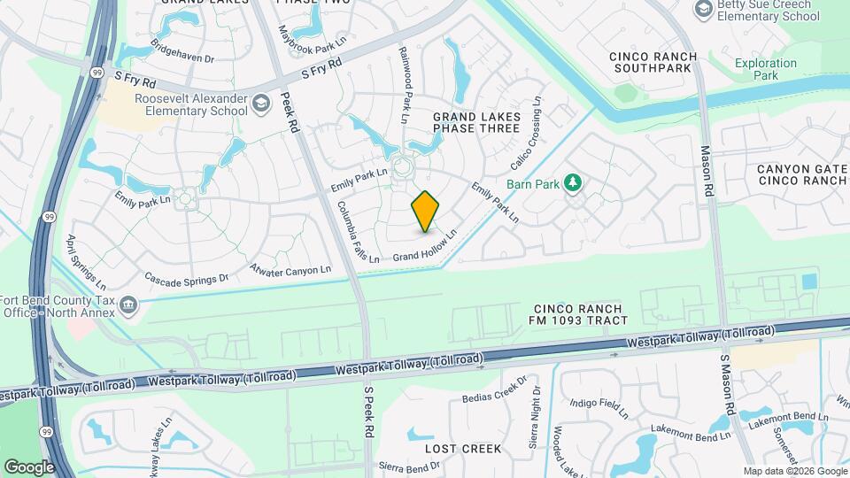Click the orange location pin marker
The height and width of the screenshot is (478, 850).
coord(425,211)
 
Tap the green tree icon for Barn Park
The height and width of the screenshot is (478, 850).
coord(574,182)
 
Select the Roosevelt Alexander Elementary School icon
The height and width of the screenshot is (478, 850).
coord(261,105)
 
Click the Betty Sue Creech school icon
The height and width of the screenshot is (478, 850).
coord(704,9)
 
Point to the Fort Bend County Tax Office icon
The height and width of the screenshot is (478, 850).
coord(129,305)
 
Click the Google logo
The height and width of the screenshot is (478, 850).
coord(29,466)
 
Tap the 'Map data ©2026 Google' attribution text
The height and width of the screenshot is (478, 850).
coord(794,471)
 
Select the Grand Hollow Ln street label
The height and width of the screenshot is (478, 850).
coord(424,245)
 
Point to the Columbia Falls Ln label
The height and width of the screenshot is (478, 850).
coord(358,232)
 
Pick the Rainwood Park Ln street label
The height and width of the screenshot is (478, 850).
coord(404,85)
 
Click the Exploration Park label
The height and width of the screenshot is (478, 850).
coord(765,70)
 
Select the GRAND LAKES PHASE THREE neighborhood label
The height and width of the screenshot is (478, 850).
coord(475,122)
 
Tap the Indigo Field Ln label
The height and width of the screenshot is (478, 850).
coord(599,408)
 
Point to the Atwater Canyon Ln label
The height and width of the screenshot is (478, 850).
coord(290,268)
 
